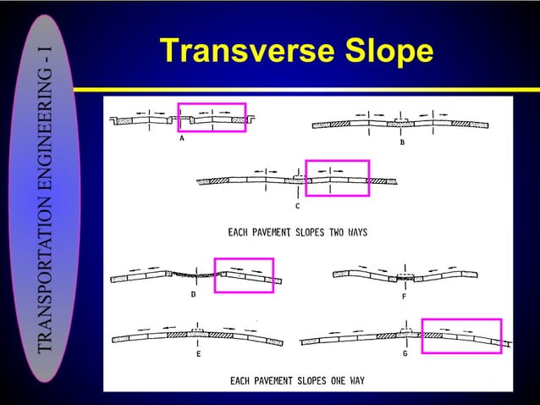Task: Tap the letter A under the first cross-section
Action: [x=182, y=142]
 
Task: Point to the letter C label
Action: [x=297, y=206]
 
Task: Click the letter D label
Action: [x=193, y=295]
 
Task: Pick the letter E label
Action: [x=198, y=355]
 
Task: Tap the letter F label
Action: [x=403, y=297]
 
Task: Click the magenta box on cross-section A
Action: [x=212, y=118]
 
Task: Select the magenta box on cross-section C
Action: [x=337, y=178]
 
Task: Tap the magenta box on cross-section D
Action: [x=244, y=275]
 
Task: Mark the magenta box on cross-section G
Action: [x=461, y=336]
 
